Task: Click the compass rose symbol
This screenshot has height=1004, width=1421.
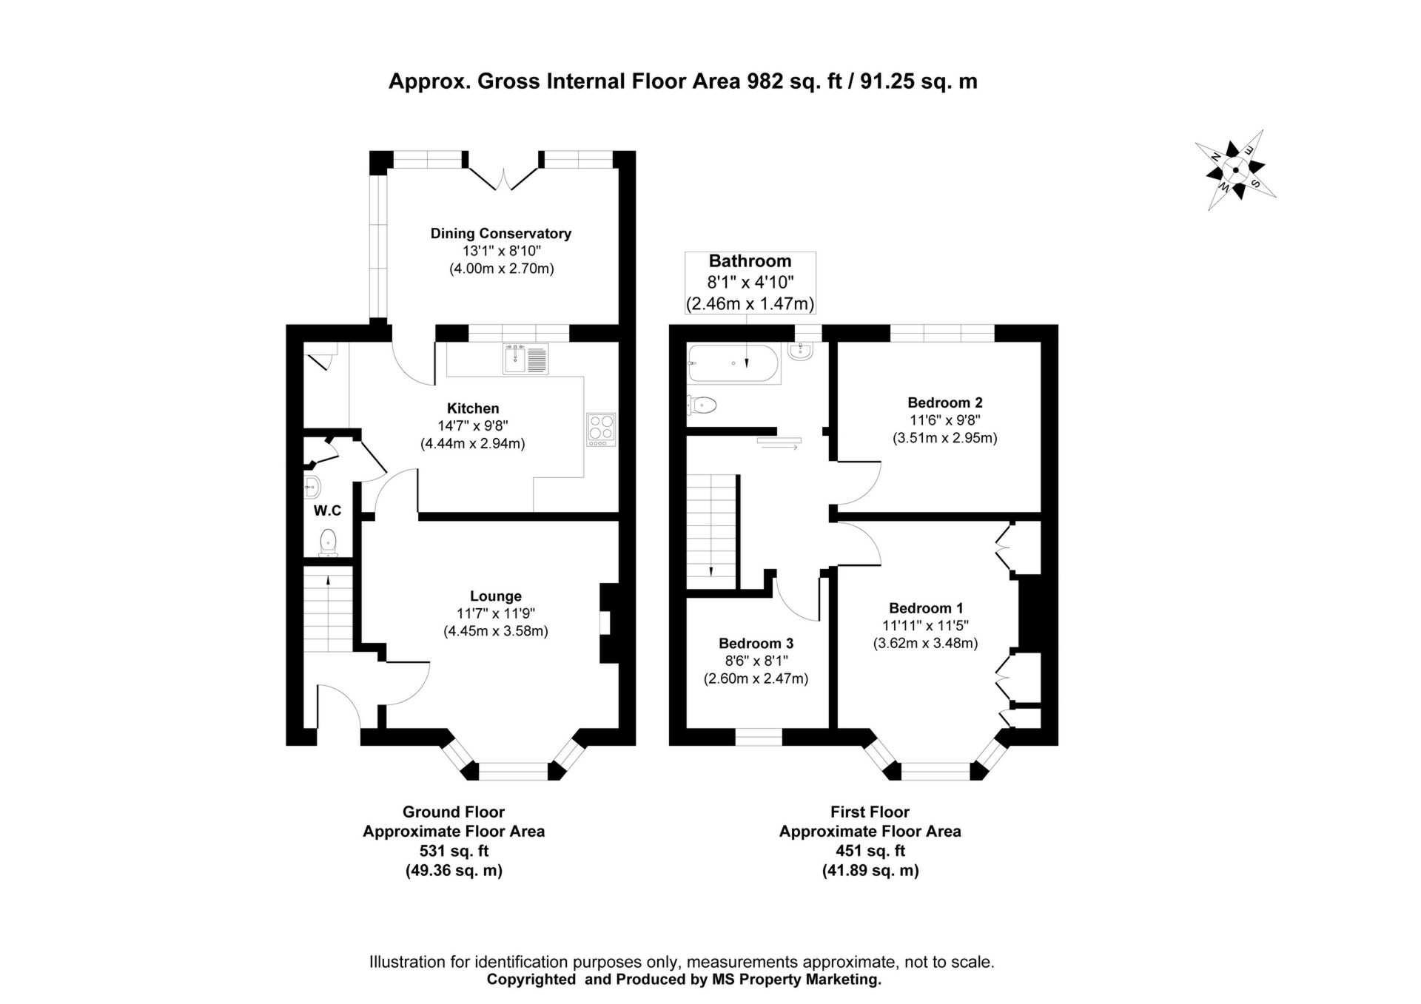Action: point(1235,171)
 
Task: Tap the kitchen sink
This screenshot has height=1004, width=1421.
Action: point(525,359)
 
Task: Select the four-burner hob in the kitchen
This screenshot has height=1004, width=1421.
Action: point(601,428)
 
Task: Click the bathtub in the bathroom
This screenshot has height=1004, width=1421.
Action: point(732,363)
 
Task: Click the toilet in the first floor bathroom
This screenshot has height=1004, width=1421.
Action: point(702,405)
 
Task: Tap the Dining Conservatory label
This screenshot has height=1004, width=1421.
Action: point(501,233)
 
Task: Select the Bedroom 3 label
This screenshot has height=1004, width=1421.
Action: point(755,643)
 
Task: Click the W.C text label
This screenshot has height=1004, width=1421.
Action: point(327,511)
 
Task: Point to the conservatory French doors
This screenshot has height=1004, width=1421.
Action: point(503,178)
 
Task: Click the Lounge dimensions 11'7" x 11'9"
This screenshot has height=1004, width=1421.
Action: point(495,613)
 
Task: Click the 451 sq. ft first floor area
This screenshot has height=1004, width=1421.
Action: point(870,851)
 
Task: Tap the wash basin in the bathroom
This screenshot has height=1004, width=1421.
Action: point(800,351)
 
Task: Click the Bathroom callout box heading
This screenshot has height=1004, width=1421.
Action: point(750,261)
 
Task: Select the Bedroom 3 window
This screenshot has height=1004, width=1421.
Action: point(758,736)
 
